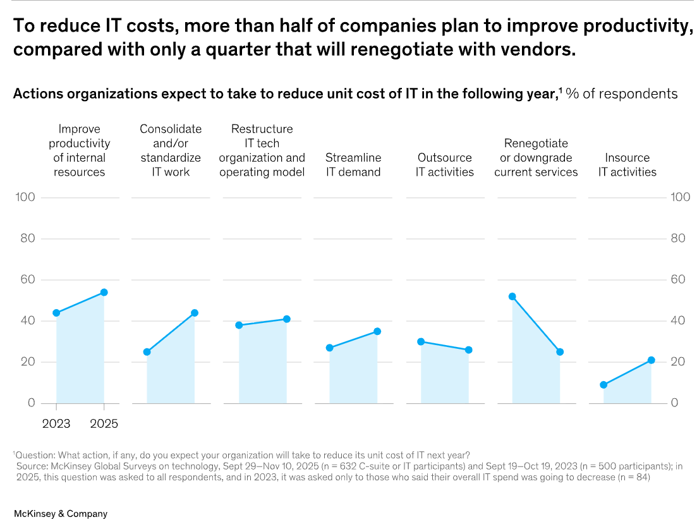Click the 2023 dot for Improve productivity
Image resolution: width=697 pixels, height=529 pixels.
[56, 313]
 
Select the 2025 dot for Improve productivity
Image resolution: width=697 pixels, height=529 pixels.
[104, 292]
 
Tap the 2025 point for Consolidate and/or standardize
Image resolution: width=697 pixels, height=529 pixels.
[195, 313]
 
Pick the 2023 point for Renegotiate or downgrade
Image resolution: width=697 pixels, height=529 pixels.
[512, 296]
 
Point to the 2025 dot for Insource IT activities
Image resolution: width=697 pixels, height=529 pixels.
[651, 360]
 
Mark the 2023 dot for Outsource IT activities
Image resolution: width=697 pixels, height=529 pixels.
[421, 341]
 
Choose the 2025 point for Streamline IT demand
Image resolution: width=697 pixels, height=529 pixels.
[377, 331]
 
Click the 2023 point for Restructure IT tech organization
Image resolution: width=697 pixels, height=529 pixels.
[239, 325]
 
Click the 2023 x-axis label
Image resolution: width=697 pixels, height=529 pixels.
[56, 423]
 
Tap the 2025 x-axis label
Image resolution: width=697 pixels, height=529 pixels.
[104, 423]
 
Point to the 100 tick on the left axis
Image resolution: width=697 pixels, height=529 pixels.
[25, 197]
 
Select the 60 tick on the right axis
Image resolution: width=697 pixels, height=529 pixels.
[679, 279]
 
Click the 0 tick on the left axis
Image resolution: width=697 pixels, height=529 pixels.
[30, 403]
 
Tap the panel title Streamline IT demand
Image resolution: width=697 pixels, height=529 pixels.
[353, 164]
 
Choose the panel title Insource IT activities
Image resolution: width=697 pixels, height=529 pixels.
[627, 164]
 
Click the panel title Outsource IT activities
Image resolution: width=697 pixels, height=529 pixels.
[445, 164]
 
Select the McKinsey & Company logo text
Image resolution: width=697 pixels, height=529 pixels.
[61, 513]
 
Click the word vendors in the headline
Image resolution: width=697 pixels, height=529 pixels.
[541, 50]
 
